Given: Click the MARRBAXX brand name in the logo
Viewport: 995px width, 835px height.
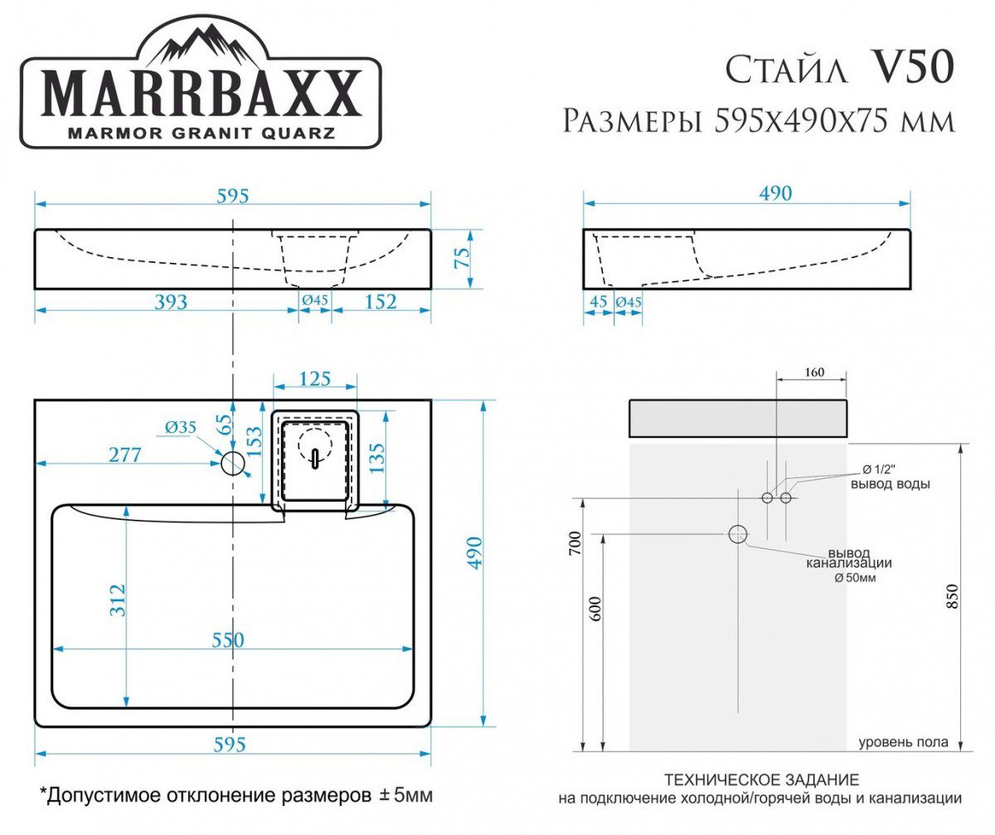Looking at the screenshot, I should click(x=201, y=92).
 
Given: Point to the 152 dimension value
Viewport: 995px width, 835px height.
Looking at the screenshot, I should click(x=380, y=301).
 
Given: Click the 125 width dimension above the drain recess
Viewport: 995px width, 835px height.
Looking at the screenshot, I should click(x=314, y=379).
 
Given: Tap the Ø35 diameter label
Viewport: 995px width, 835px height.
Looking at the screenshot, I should click(x=180, y=428).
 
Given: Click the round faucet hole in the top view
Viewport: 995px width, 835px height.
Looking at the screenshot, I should click(x=233, y=463).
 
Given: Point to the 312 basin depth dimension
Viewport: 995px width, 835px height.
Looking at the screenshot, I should click(x=117, y=600).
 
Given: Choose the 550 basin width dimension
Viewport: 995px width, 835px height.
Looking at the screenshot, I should click(x=227, y=639).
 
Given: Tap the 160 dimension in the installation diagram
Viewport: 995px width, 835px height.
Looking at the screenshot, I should click(x=814, y=372).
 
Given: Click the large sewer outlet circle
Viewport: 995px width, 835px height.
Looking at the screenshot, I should click(x=737, y=534).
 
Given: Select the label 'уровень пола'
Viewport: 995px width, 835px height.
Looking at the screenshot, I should click(x=902, y=742).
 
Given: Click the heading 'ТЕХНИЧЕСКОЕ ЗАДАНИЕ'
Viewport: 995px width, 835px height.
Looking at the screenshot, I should click(x=761, y=780).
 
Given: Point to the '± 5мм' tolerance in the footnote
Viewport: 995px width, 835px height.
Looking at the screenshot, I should click(x=405, y=796).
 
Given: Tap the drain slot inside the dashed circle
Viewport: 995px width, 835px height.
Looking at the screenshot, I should click(x=314, y=459).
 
